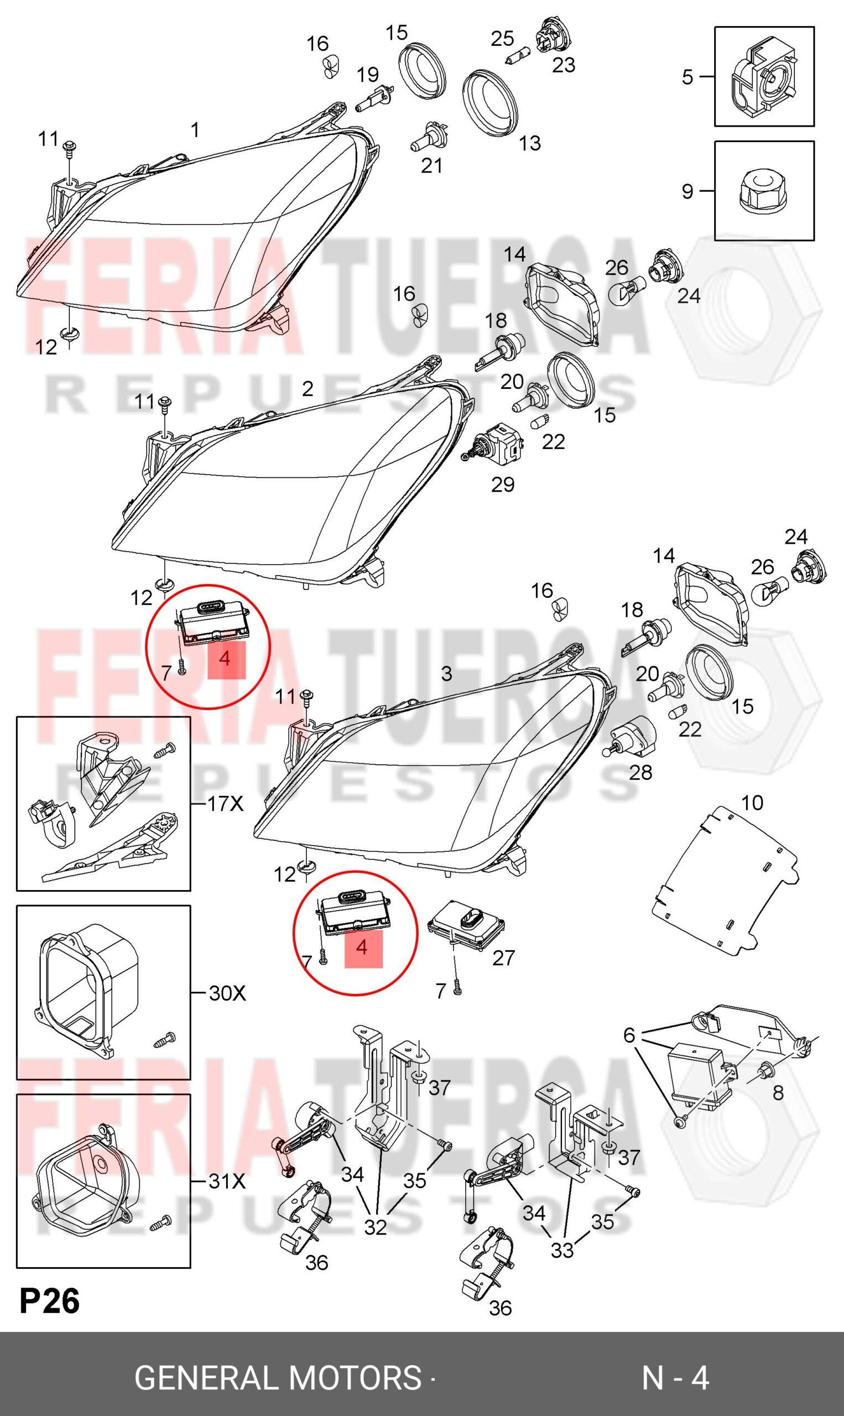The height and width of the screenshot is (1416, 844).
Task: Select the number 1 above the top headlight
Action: [x=195, y=130]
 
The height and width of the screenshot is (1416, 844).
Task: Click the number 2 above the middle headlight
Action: [x=307, y=389]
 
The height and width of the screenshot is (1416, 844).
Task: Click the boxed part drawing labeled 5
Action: [x=764, y=76]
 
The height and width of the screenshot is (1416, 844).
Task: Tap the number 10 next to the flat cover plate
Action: [x=752, y=803]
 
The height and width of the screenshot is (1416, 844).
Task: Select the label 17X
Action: [x=226, y=804]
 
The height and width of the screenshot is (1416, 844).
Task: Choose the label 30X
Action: [x=227, y=993]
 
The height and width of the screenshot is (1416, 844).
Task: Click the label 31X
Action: [x=227, y=1182]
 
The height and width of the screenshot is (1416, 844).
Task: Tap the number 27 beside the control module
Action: [x=503, y=958]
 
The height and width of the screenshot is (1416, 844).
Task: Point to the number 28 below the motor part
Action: [x=640, y=772]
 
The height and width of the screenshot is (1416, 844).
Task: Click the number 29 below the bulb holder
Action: [x=503, y=485]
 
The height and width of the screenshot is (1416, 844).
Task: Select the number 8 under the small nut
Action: [x=778, y=1092]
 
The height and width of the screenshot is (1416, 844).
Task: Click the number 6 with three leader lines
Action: [x=628, y=1035]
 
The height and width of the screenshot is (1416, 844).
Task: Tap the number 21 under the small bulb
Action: [x=431, y=165]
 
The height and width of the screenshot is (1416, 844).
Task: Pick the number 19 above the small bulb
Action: [x=367, y=75]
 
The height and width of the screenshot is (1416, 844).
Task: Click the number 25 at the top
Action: [x=502, y=39]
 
